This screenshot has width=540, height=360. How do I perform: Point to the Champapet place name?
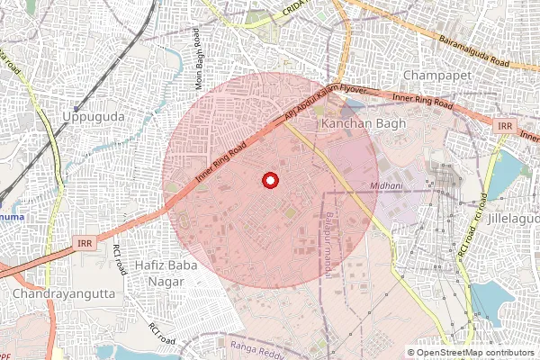click(437, 75)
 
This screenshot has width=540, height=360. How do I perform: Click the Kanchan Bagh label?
click(364, 122)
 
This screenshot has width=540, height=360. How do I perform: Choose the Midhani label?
click(386, 186)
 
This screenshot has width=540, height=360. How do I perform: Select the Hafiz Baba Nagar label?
click(159, 274)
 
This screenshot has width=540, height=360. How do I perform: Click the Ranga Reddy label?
click(256, 344)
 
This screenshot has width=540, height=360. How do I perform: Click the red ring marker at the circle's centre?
click(269, 181)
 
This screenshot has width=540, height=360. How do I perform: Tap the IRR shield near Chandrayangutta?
click(85, 243)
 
